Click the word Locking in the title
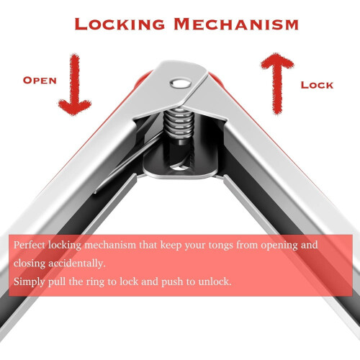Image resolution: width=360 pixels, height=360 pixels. coord(120,24)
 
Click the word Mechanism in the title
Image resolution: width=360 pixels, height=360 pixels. coord(236,24)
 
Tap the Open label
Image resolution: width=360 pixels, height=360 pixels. coord(40,81)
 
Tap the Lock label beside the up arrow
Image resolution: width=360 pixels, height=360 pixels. coord(317,85)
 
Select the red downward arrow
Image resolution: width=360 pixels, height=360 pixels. coord(75,84)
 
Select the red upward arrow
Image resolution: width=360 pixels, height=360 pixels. coord(277,84)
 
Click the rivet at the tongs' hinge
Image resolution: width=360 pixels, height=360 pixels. coord(181,84)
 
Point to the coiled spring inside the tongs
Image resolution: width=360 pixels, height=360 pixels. coord(179,125)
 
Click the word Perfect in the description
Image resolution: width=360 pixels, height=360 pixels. coord(30,245)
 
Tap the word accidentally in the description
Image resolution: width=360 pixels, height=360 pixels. coord(77,264)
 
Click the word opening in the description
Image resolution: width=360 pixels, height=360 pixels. coord(279,246)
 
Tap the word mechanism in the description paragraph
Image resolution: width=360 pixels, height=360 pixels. coord(110,245)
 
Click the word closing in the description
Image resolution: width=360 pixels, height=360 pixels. coord(30,264)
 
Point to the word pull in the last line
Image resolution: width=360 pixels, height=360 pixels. coord(57,282)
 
